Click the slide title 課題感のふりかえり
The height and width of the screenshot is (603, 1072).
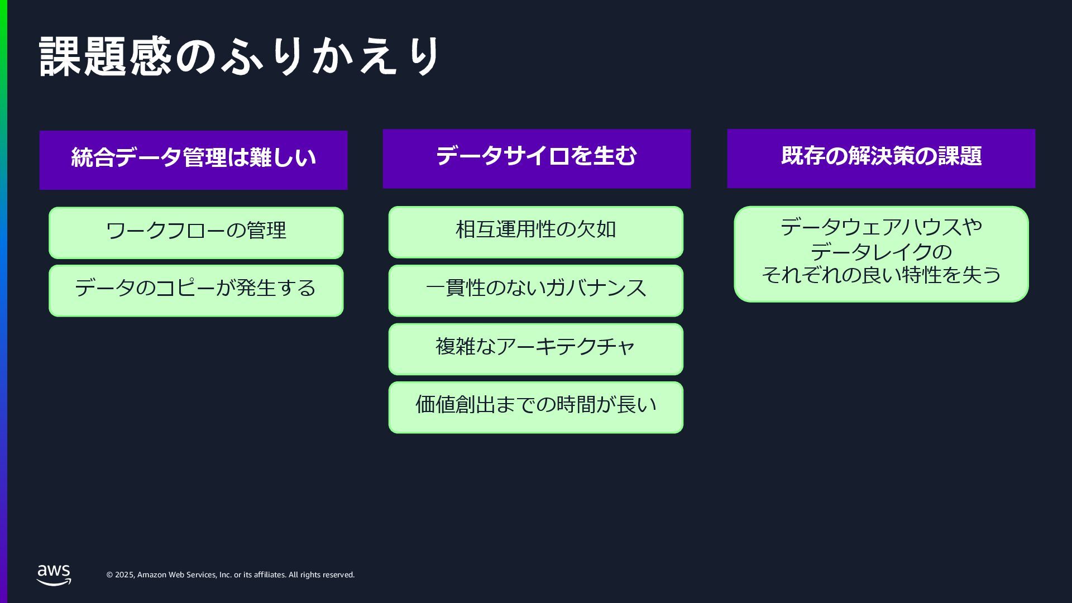click(240, 57)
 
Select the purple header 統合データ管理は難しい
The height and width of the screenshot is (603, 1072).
click(193, 160)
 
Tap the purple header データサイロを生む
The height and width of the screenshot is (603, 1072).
click(537, 159)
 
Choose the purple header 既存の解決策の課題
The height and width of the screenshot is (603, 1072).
click(880, 159)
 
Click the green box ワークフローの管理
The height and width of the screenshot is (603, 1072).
click(196, 232)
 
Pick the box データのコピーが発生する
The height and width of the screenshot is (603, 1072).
click(196, 290)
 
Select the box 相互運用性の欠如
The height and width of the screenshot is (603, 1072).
click(535, 232)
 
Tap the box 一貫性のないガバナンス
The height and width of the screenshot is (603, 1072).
click(535, 290)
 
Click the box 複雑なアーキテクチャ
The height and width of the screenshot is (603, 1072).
click(535, 348)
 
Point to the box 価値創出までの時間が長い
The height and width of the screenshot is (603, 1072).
click(535, 407)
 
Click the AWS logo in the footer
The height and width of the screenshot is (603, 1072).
click(54, 575)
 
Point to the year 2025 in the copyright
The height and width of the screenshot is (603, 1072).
click(124, 575)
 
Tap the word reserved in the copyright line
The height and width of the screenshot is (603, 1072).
click(339, 575)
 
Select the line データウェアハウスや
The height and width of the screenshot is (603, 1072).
click(880, 228)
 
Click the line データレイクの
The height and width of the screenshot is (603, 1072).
click(880, 252)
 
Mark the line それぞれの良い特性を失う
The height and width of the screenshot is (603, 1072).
click(880, 275)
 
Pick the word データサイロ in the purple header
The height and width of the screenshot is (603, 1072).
click(502, 156)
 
